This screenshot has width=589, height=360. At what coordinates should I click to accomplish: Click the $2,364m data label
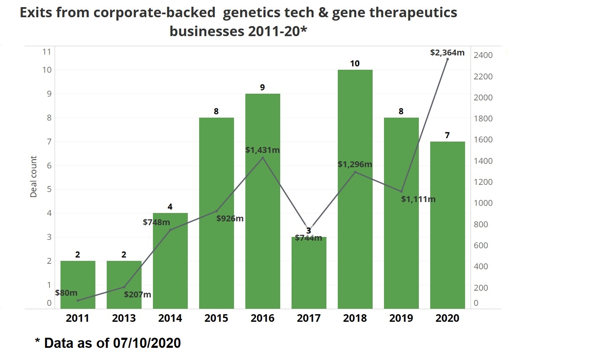(447, 53)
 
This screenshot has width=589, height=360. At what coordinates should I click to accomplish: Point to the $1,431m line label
(263, 150)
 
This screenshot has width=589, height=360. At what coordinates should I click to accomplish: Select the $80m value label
(66, 293)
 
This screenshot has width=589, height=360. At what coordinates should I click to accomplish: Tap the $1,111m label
(418, 199)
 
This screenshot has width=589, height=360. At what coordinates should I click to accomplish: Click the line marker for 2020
(447, 59)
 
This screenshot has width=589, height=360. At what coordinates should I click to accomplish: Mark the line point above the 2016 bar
(263, 158)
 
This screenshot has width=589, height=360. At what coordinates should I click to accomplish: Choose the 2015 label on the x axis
(216, 318)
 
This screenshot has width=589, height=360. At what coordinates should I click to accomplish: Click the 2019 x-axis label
(401, 318)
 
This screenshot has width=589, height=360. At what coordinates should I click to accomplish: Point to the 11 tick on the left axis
(47, 52)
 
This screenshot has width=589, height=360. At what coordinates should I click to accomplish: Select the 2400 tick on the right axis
(483, 55)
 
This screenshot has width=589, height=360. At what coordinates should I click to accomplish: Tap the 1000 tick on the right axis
(483, 203)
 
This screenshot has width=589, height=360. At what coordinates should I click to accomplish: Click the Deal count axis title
(34, 176)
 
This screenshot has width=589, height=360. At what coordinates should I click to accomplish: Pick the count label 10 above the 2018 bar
(355, 63)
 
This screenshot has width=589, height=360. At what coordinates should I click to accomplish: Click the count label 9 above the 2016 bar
(263, 87)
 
